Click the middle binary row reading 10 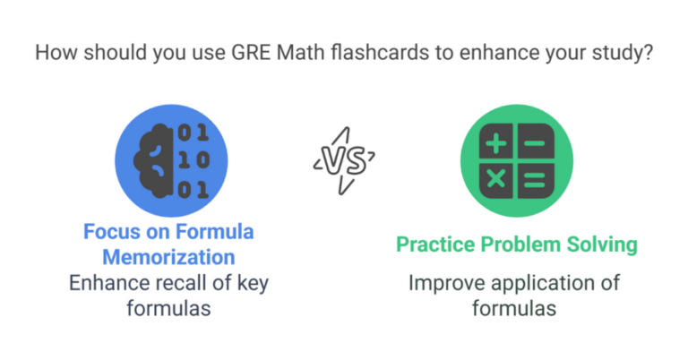tap(192, 161)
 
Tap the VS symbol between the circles tap(344, 162)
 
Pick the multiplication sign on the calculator tap(496, 180)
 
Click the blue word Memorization tap(168, 258)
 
